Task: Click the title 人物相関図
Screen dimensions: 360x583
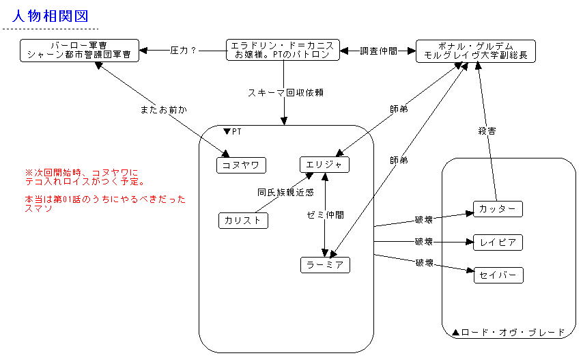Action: (x=51, y=16)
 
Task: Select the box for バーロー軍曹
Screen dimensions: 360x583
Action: (x=79, y=51)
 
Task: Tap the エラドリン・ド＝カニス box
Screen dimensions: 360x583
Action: (x=283, y=50)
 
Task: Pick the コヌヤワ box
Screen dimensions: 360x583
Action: (x=241, y=165)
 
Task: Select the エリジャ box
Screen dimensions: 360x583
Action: (x=324, y=165)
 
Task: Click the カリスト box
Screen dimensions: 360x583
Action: (x=243, y=221)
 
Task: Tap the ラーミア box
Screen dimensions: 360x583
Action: (x=325, y=264)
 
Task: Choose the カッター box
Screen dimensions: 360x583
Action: (x=498, y=209)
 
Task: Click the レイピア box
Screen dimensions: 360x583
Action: (x=498, y=242)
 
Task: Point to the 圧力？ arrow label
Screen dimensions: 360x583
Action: (x=183, y=51)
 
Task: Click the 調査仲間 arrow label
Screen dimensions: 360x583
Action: (x=378, y=51)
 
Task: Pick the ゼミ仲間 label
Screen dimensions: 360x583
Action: (x=326, y=214)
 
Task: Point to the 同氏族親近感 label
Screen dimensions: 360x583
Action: (x=285, y=193)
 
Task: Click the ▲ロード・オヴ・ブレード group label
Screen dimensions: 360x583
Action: (x=509, y=333)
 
